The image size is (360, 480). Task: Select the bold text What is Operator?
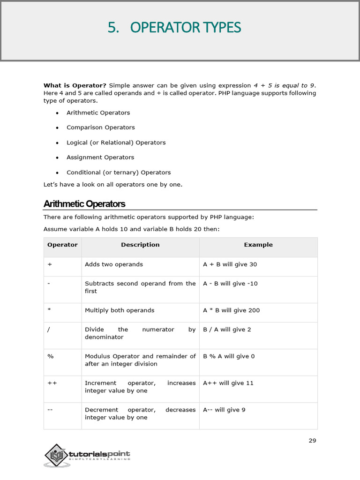75,85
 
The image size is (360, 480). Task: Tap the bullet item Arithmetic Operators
98,112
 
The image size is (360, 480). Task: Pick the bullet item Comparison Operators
100,127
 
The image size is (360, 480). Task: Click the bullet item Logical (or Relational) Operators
116,142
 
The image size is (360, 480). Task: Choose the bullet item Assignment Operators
100,157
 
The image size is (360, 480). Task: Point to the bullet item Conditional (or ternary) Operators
119,172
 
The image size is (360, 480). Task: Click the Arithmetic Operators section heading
84,204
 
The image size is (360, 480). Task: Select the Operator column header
62,245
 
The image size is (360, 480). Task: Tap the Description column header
140,245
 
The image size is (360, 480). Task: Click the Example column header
258,245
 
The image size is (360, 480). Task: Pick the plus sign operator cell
50,264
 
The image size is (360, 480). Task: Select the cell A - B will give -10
230,284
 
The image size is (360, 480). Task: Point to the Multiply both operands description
120,310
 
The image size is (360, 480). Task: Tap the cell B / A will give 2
227,330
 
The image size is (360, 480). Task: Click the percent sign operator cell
51,356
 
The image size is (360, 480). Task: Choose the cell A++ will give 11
228,383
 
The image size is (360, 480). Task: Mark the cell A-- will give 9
224,410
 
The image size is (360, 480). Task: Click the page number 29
313,441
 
